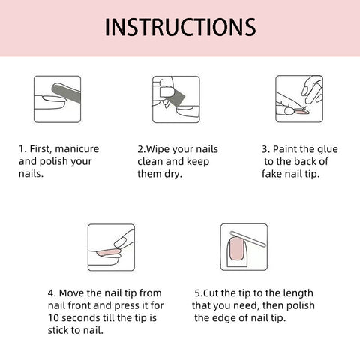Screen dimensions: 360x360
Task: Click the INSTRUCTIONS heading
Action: [180, 27]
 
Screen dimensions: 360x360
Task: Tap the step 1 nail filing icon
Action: [58, 98]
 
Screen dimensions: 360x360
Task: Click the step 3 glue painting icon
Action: [299, 98]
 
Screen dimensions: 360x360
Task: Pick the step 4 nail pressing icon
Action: [111, 247]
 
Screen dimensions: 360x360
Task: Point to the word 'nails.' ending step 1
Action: [31, 173]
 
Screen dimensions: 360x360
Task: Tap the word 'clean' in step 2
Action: [151, 161]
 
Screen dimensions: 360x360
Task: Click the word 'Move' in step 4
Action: [73, 293]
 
